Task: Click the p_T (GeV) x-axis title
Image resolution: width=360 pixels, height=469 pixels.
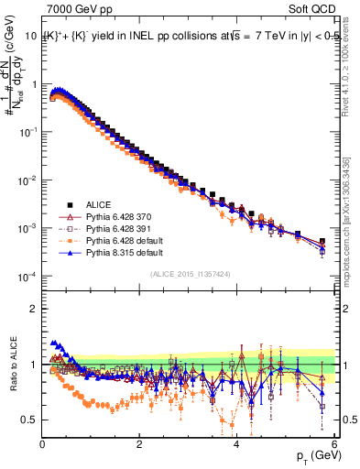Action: pos(311,456)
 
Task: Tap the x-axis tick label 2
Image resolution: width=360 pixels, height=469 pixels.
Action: pos(139,444)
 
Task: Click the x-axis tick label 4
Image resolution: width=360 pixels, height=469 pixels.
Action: pos(236,444)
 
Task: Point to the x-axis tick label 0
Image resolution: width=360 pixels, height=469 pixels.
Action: pos(42,444)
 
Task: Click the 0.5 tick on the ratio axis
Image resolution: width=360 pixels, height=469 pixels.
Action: pos(30,420)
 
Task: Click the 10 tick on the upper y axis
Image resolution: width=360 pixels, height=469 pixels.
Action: pos(30,36)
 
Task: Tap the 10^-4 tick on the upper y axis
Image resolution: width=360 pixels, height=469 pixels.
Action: pos(28,276)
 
